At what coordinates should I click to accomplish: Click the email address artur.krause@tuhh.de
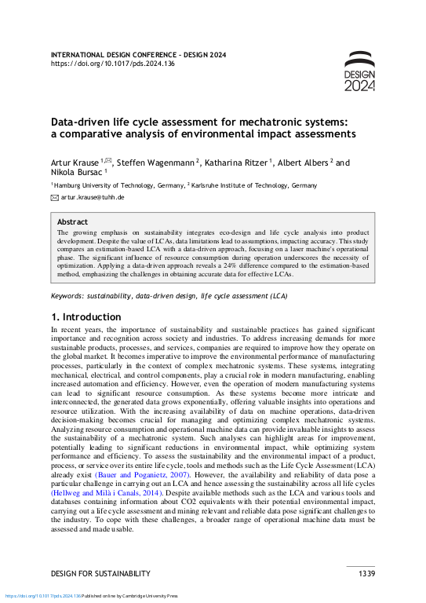(x=93, y=198)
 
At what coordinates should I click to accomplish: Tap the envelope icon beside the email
(x=55, y=198)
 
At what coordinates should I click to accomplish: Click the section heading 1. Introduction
(x=86, y=317)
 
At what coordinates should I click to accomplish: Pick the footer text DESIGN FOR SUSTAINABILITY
(x=100, y=574)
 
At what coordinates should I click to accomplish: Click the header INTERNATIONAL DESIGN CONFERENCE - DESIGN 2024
(x=138, y=55)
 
